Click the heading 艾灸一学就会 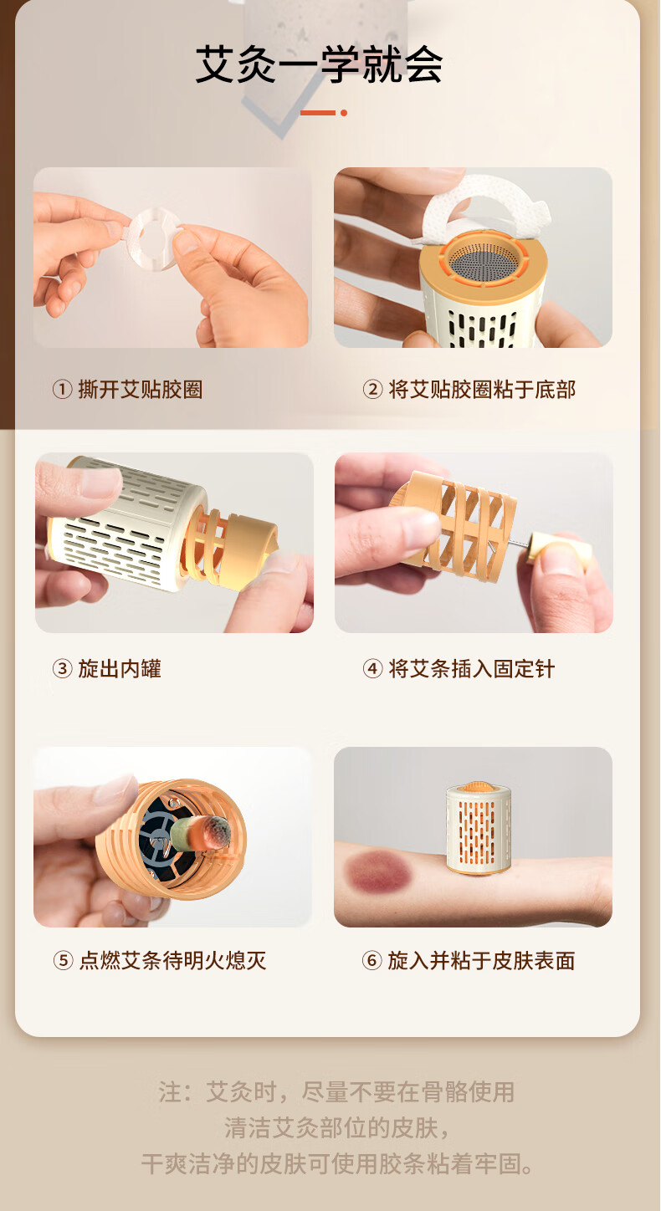point(319,64)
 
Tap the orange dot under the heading point(344,112)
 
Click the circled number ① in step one point(62,389)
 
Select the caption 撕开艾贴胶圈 point(140,389)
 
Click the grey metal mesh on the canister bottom point(484,259)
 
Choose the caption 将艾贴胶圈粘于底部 point(482,389)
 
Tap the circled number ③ point(62,669)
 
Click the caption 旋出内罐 point(120,669)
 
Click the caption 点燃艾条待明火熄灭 point(172,961)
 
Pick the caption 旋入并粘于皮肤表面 point(481,961)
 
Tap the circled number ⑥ point(371,961)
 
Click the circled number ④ point(372,669)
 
